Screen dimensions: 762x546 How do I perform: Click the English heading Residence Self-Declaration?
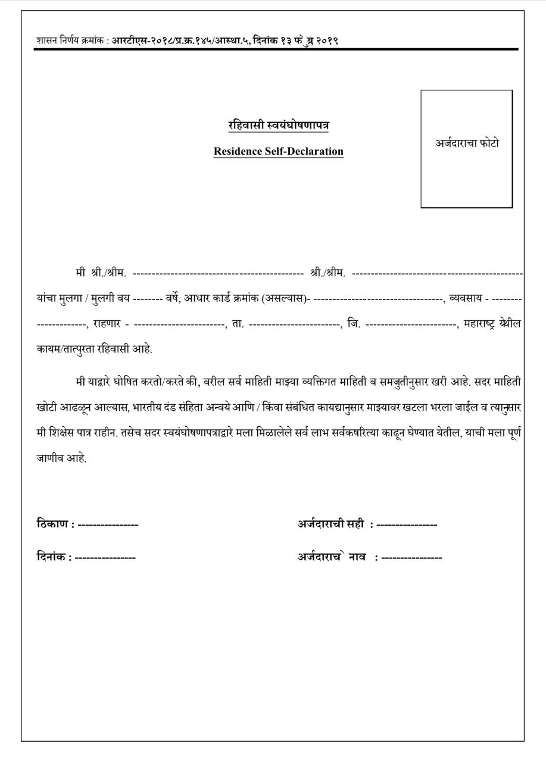click(x=279, y=151)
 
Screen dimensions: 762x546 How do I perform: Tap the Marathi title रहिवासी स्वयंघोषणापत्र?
click(x=279, y=126)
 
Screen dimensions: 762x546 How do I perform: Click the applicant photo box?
click(x=466, y=173)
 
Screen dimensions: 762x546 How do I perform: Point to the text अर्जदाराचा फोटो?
click(x=467, y=143)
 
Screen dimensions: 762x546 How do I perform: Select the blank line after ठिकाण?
click(x=108, y=524)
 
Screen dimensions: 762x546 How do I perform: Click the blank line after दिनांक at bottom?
click(x=105, y=558)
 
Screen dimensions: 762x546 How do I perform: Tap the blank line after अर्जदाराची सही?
click(x=407, y=524)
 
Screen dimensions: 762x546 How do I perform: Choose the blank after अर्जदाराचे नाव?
click(x=411, y=558)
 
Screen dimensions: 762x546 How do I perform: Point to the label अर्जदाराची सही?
click(x=330, y=524)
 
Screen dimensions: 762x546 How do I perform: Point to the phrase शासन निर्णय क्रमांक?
click(x=71, y=41)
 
